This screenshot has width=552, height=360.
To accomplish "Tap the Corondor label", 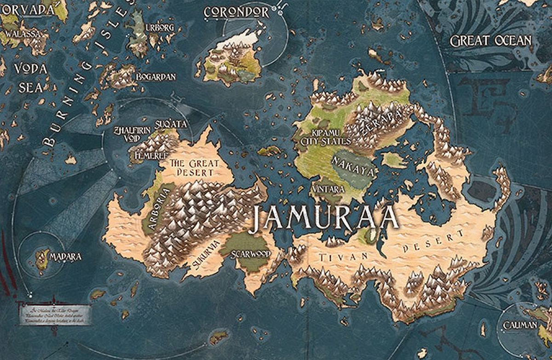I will [236, 12].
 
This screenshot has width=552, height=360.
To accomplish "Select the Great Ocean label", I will [490, 41].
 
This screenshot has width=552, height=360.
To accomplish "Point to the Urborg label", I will [160, 28].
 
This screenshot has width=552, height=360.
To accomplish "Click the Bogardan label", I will [155, 77].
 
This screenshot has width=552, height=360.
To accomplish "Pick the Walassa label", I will [21, 34].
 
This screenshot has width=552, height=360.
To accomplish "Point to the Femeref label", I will [150, 156].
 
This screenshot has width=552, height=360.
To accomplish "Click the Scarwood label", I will [250, 254].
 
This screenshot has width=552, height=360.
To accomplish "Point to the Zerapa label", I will [379, 119].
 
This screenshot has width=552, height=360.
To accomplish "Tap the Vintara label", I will [328, 189].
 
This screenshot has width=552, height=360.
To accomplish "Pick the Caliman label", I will [520, 325].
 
